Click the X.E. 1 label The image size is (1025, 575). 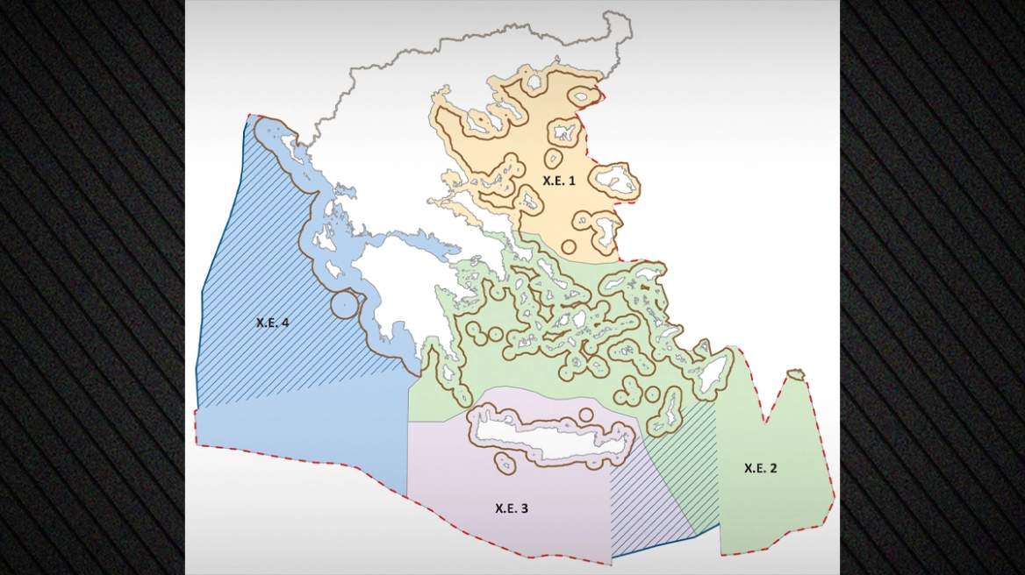559,181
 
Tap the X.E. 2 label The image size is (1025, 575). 760,468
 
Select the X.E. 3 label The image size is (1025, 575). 511,508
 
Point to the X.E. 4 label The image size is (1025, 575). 273,323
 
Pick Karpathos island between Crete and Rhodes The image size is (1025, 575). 671,408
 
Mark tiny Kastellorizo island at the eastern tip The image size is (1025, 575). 795,375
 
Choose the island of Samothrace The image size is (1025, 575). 584,96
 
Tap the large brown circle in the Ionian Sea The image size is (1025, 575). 345,305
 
